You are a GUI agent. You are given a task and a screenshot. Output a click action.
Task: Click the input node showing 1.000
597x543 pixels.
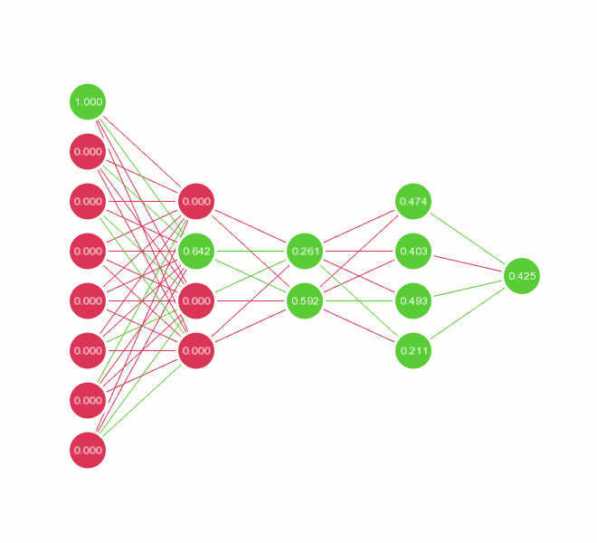coord(88,101)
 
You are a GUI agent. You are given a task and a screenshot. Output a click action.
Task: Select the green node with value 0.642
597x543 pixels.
coord(196,251)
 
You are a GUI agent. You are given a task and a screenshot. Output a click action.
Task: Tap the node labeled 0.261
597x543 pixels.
coord(305,251)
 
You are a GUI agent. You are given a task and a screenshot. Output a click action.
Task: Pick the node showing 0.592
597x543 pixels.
coord(305,300)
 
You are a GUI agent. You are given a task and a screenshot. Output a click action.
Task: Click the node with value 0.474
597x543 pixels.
coord(413,201)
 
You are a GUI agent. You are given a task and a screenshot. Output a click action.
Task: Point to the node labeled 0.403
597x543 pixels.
coord(413,251)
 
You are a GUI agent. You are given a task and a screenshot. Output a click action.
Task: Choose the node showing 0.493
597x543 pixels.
coord(413,300)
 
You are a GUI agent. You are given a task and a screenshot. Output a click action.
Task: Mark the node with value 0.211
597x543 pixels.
coord(413,350)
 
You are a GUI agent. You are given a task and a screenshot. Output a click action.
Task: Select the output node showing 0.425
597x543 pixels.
coord(522,275)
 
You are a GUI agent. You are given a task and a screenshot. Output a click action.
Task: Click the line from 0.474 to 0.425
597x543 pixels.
coord(468,238)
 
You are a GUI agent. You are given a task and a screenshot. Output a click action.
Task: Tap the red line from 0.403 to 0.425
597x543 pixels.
coord(468,263)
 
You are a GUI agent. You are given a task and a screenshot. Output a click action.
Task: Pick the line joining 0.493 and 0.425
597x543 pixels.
coord(468,288)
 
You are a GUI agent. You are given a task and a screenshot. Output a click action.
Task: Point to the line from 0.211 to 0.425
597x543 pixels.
coord(468,313)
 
